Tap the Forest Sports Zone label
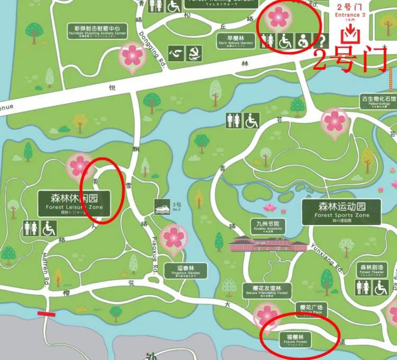click(341, 211)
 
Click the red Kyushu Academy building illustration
click(268, 244)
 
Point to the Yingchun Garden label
click(185, 271)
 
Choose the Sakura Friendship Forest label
click(266, 290)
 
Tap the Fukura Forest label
click(296, 339)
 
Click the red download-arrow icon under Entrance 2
click(350, 34)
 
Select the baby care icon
click(303, 41)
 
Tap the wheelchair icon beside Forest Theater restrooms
click(381, 288)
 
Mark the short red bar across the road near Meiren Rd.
click(47, 314)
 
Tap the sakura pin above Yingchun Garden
click(174, 238)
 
